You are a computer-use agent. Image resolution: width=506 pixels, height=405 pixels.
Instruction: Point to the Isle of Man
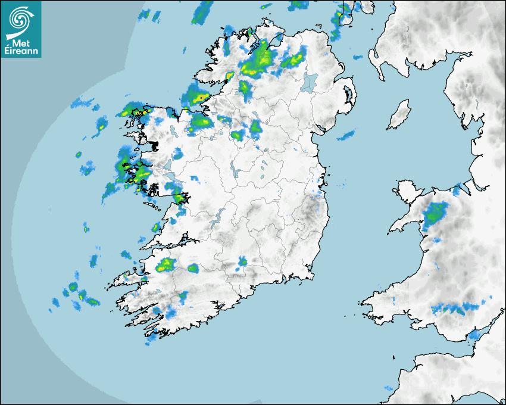pos(399,115)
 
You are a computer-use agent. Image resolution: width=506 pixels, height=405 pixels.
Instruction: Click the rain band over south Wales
pos(456,309)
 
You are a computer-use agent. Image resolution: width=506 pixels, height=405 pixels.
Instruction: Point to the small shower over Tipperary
pos(242,261)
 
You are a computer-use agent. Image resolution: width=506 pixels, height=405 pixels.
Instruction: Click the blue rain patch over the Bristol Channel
pos(474,335)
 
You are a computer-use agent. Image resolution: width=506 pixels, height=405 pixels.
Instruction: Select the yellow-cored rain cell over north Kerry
pos(165,265)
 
